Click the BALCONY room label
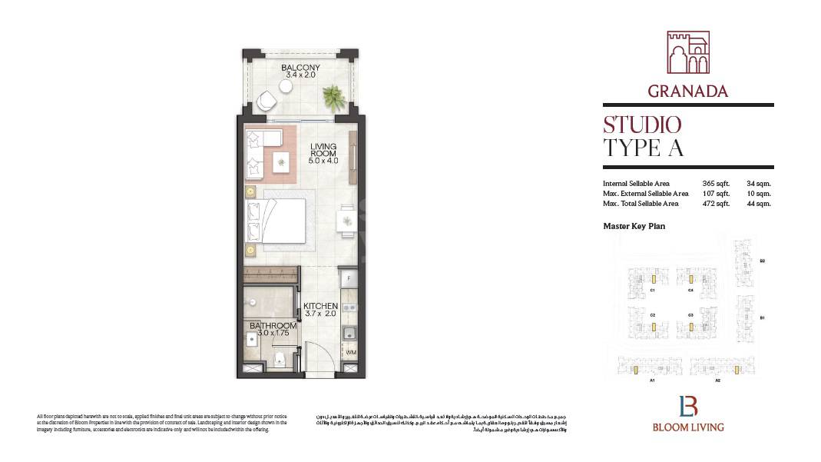point(300,68)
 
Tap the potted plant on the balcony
point(333,97)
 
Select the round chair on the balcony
point(266,101)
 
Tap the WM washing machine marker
point(350,353)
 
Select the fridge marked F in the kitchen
point(348,278)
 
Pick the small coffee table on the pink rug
point(281,160)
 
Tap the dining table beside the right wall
point(347,219)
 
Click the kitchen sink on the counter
point(349,332)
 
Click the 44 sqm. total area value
point(758,204)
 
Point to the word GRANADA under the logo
point(687,91)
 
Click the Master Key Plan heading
point(634,227)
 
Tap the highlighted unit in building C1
point(652,279)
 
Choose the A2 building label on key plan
point(717,381)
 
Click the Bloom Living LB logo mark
point(687,406)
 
